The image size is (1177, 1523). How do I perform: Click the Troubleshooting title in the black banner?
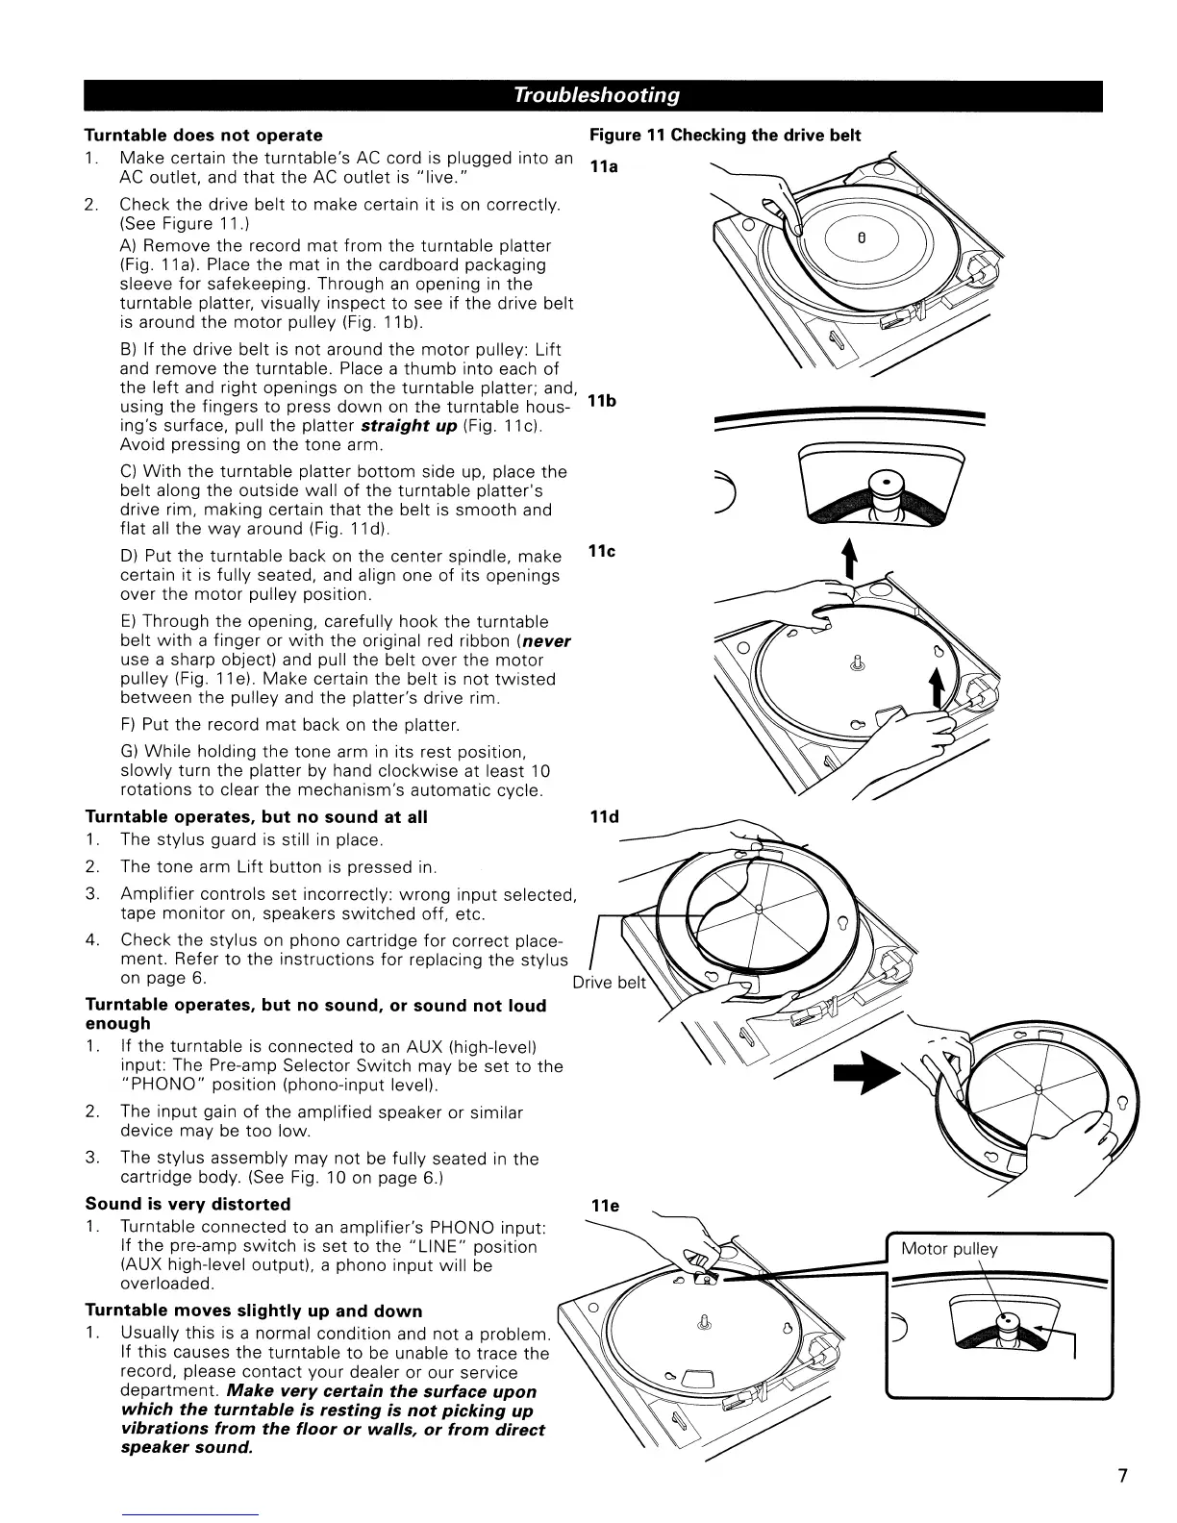point(596,94)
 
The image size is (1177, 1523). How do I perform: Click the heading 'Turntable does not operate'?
point(204,135)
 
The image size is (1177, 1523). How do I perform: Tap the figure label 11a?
point(604,167)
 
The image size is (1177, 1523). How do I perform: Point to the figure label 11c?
point(602,552)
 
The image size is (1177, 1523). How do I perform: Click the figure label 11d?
point(604,817)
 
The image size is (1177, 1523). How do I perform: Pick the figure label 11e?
point(604,1206)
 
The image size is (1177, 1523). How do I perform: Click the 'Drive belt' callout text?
point(611,983)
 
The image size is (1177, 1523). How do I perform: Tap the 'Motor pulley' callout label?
point(949,1249)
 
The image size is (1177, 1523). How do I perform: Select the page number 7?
point(1122,1476)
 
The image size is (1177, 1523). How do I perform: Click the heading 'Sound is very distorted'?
point(188,1204)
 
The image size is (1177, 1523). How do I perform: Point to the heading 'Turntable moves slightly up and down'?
point(254,1311)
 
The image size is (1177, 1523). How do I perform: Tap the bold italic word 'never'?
point(545,640)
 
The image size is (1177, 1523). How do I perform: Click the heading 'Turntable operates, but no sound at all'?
point(256,817)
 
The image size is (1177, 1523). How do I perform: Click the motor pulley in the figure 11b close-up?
point(881,485)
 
